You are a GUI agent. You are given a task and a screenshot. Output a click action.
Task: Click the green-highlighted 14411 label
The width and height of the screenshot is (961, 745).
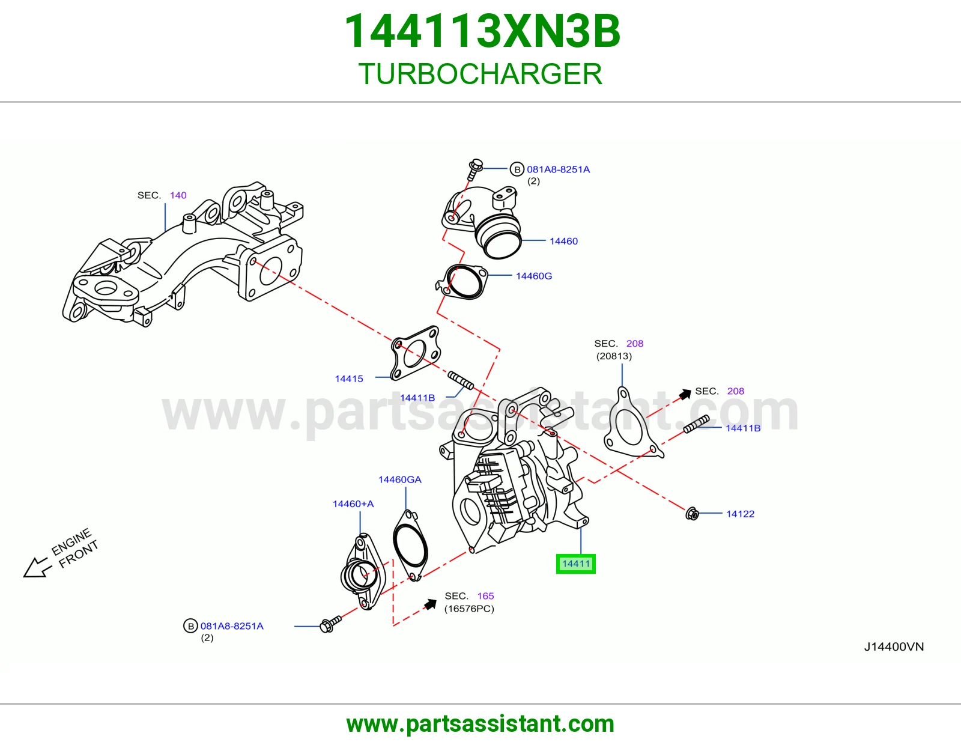(x=575, y=564)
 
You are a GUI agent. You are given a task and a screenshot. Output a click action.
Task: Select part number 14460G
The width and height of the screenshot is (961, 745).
(x=534, y=276)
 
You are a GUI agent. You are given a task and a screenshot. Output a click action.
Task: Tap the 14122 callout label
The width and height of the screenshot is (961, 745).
(x=740, y=514)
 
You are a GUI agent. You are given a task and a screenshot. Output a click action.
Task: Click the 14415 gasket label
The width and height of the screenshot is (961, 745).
(x=349, y=379)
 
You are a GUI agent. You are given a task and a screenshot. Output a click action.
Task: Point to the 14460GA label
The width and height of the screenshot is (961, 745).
(x=400, y=479)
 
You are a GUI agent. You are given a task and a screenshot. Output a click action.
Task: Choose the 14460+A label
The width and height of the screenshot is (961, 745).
(x=353, y=504)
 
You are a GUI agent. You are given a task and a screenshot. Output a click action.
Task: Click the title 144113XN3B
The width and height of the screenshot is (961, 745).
(x=482, y=31)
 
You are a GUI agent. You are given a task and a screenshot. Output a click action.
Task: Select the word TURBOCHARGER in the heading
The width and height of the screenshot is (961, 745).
(x=480, y=74)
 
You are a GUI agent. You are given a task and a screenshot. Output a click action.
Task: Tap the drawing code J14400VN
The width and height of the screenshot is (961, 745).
(x=894, y=647)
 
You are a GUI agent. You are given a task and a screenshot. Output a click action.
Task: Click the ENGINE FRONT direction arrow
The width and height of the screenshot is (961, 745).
(x=37, y=567)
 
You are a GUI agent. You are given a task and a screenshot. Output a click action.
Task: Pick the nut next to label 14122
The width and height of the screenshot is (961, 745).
(x=692, y=514)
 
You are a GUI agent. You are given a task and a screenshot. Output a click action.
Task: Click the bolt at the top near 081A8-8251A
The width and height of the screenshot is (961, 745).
(x=474, y=169)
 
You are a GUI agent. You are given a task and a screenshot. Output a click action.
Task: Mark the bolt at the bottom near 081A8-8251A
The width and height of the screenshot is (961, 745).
(x=330, y=624)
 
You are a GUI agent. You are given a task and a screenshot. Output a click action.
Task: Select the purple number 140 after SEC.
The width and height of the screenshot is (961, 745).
(x=178, y=195)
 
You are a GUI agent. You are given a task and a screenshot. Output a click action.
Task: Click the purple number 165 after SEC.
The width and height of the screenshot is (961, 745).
(x=485, y=596)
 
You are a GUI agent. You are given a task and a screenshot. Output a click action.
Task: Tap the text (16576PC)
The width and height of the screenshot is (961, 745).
(x=469, y=609)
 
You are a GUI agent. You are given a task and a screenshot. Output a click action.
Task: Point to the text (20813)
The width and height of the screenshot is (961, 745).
(x=614, y=356)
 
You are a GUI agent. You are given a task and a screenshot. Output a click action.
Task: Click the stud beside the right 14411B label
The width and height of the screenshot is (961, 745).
(x=697, y=424)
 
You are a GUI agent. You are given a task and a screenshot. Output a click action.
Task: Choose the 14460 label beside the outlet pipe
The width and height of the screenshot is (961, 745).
(x=563, y=241)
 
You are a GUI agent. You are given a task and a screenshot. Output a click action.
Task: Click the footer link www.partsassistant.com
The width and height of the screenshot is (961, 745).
(x=480, y=724)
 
